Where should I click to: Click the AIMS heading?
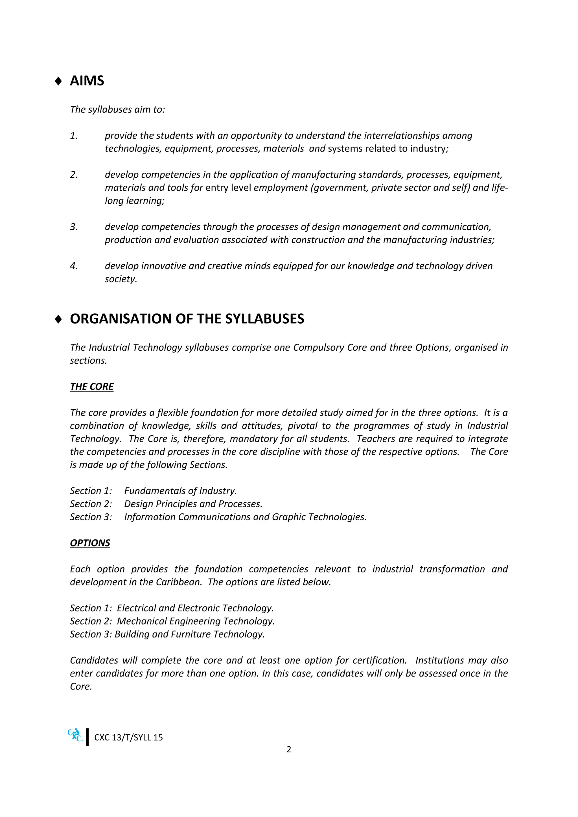(87, 81)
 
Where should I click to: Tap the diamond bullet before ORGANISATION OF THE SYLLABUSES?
(58, 319)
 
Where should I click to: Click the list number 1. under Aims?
(74, 136)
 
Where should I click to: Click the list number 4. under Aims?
(74, 266)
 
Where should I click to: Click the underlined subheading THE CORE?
(91, 386)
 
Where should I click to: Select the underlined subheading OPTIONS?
(90, 543)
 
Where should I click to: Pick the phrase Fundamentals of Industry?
(180, 491)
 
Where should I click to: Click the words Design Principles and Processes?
(193, 504)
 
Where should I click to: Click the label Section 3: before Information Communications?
(91, 517)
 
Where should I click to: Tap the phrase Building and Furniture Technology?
(189, 634)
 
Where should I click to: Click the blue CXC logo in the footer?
(75, 735)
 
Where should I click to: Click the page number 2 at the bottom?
(289, 749)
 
